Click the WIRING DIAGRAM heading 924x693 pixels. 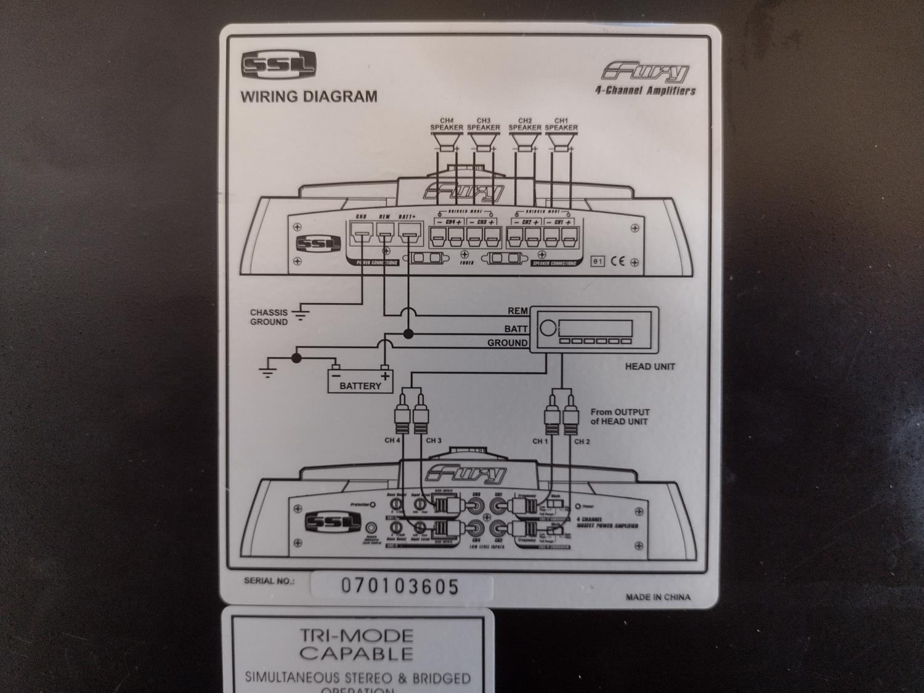click(308, 96)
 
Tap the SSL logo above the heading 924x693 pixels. click(278, 64)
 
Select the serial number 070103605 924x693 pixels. click(400, 586)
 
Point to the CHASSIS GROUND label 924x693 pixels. click(269, 317)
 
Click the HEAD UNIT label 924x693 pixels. click(650, 367)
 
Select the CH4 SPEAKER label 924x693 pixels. click(446, 124)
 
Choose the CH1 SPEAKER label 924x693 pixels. click(561, 124)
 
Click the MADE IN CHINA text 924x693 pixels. click(658, 597)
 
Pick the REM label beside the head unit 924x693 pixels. click(517, 312)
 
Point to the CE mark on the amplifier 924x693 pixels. click(617, 261)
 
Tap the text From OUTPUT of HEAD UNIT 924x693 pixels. click(620, 416)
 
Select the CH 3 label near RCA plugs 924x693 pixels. click(433, 440)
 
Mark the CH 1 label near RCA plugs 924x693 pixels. click(540, 441)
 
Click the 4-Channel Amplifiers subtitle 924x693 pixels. click(645, 91)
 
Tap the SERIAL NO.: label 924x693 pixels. click(269, 581)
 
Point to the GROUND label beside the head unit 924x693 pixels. click(508, 342)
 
